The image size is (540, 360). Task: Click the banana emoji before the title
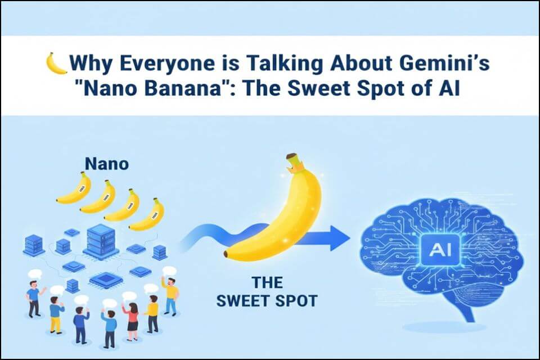tap(56, 63)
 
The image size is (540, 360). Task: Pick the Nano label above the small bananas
tap(106, 164)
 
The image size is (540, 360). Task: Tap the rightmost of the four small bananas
tap(147, 214)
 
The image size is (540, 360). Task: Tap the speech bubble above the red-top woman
tap(129, 296)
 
